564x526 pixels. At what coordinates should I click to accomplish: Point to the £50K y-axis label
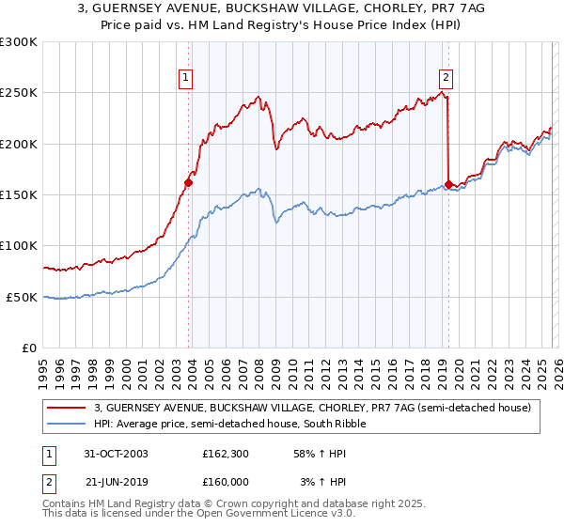pyautogui.click(x=21, y=297)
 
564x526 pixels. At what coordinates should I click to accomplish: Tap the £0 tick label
pyautogui.click(x=28, y=348)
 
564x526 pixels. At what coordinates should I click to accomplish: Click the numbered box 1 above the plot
pyautogui.click(x=187, y=78)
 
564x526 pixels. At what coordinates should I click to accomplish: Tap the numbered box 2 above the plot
pyautogui.click(x=446, y=78)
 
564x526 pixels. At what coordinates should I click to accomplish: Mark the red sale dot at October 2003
pyautogui.click(x=189, y=183)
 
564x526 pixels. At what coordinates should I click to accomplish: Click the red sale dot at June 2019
pyautogui.click(x=448, y=185)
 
